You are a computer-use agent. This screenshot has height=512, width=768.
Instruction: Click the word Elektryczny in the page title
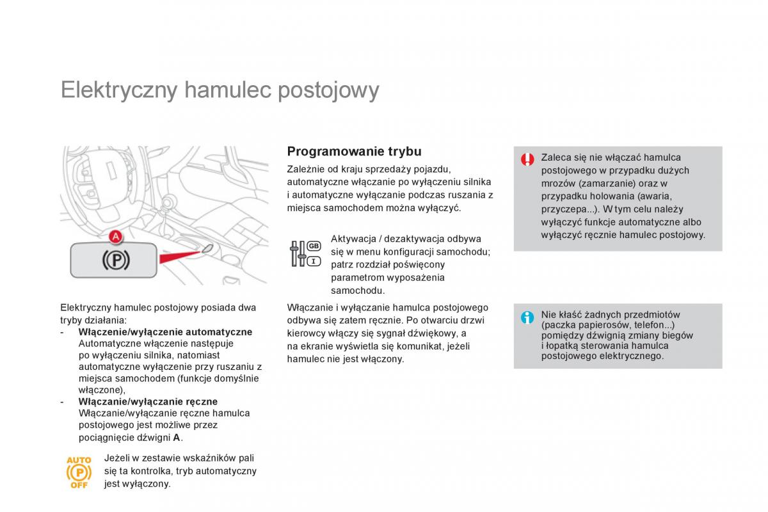[118, 90]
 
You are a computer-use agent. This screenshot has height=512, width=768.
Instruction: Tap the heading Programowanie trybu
[354, 152]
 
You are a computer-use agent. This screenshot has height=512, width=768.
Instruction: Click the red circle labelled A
[115, 237]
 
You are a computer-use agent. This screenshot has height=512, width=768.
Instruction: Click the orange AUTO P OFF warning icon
[79, 472]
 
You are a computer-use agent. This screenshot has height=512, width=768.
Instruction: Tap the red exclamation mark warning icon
[527, 159]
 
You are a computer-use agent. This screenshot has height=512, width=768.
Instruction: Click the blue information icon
[527, 317]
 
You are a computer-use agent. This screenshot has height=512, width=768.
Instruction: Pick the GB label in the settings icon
[314, 246]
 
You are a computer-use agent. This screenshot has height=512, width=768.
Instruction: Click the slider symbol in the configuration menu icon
[297, 254]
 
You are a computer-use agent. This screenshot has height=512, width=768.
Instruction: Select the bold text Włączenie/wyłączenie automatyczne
[165, 332]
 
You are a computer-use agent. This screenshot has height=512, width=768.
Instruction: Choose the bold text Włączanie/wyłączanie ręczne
[148, 402]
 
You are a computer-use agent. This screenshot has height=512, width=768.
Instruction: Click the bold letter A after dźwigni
[176, 438]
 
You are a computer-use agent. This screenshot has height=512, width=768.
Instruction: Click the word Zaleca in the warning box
[555, 157]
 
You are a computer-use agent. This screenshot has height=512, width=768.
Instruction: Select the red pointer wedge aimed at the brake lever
[182, 255]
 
